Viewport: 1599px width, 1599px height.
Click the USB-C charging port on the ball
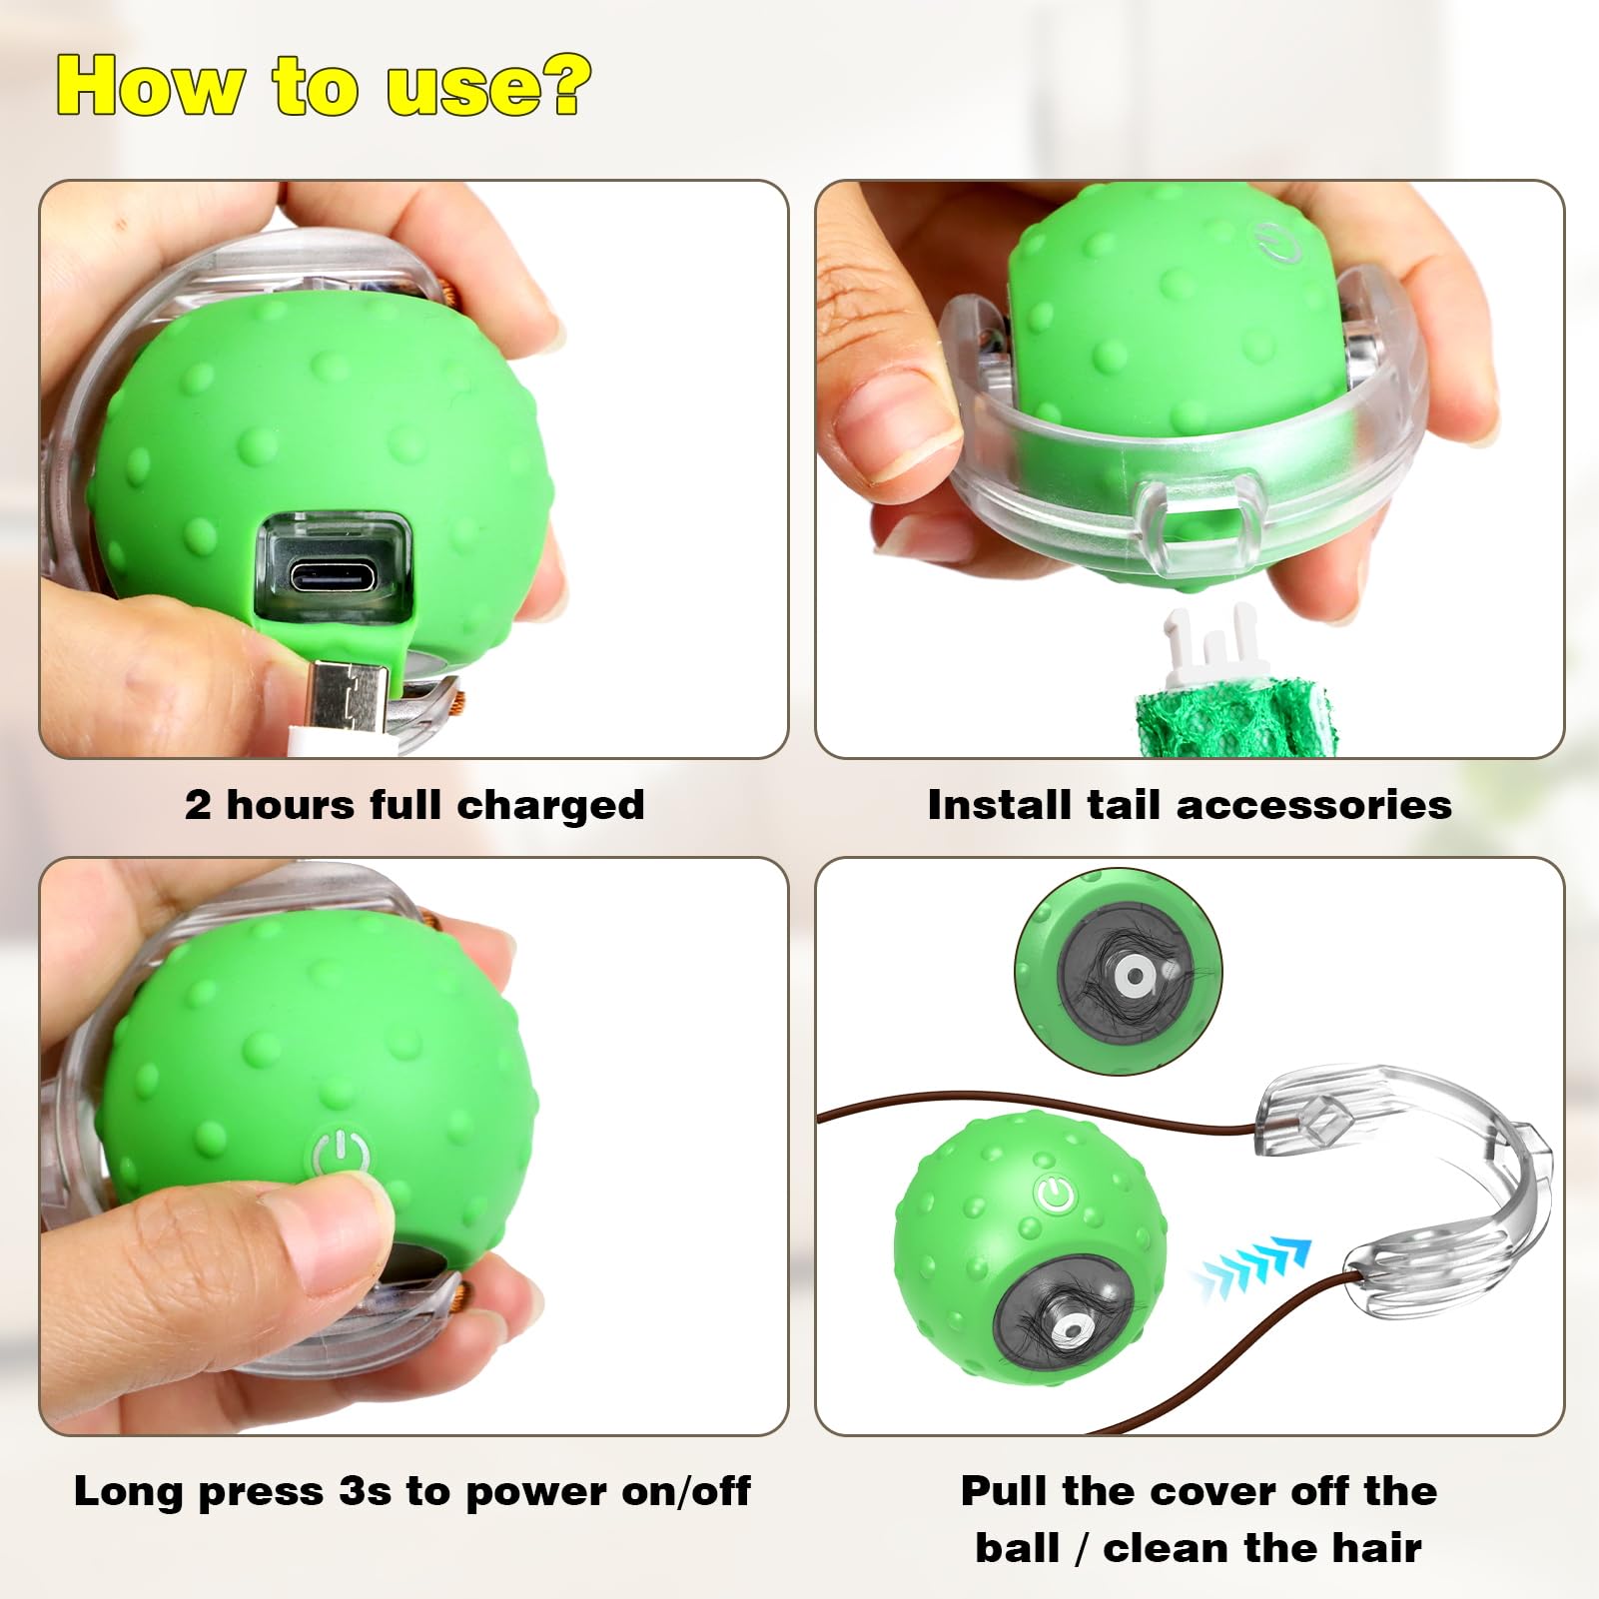point(333,577)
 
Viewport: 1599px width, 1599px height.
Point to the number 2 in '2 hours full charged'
point(198,805)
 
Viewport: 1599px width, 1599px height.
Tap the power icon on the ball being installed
point(1277,243)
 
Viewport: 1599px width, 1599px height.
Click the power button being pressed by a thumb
point(341,1156)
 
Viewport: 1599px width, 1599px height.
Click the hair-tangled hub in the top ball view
point(1132,976)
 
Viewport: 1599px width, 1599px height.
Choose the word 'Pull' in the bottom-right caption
point(1005,1491)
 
